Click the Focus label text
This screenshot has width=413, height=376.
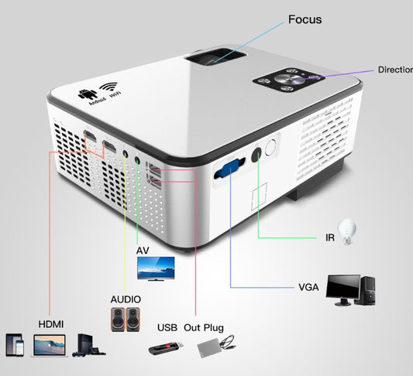[x=305, y=19]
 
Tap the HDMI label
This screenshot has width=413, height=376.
[x=50, y=323]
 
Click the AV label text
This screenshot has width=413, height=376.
[x=143, y=251]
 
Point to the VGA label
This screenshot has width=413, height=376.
[x=308, y=287]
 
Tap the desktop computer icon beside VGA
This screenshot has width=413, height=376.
[x=352, y=289]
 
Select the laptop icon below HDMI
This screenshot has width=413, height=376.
[x=48, y=345]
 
